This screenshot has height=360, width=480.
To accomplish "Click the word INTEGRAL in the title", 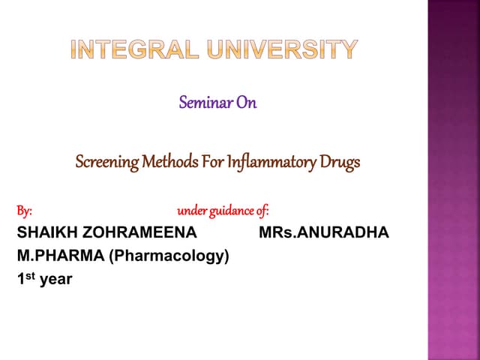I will coord(132,50).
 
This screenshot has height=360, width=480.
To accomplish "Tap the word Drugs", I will coord(340,161).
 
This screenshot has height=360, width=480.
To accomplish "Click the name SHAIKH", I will coord(45,232).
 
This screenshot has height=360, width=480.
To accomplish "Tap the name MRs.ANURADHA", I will coord(323,232).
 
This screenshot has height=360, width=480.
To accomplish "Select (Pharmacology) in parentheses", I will coord(169,256).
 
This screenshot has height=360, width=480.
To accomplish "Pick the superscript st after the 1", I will coord(30,277).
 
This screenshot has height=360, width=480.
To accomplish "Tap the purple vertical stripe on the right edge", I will coord(453,180).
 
